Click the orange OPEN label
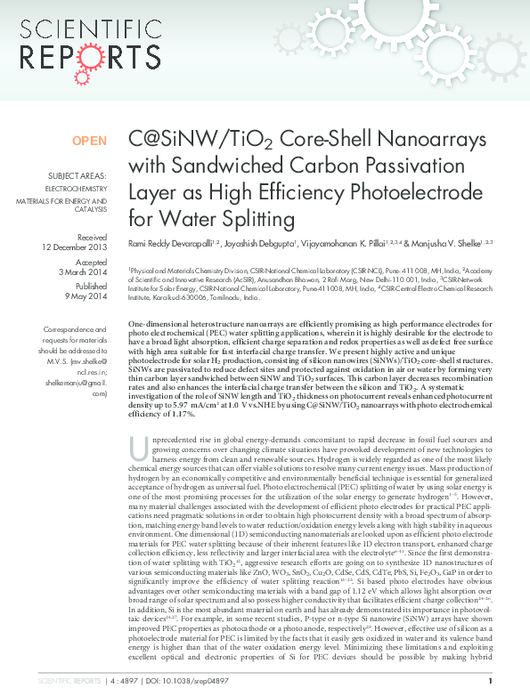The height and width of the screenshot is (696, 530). point(89,141)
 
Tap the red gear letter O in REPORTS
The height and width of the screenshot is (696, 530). point(102,57)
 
